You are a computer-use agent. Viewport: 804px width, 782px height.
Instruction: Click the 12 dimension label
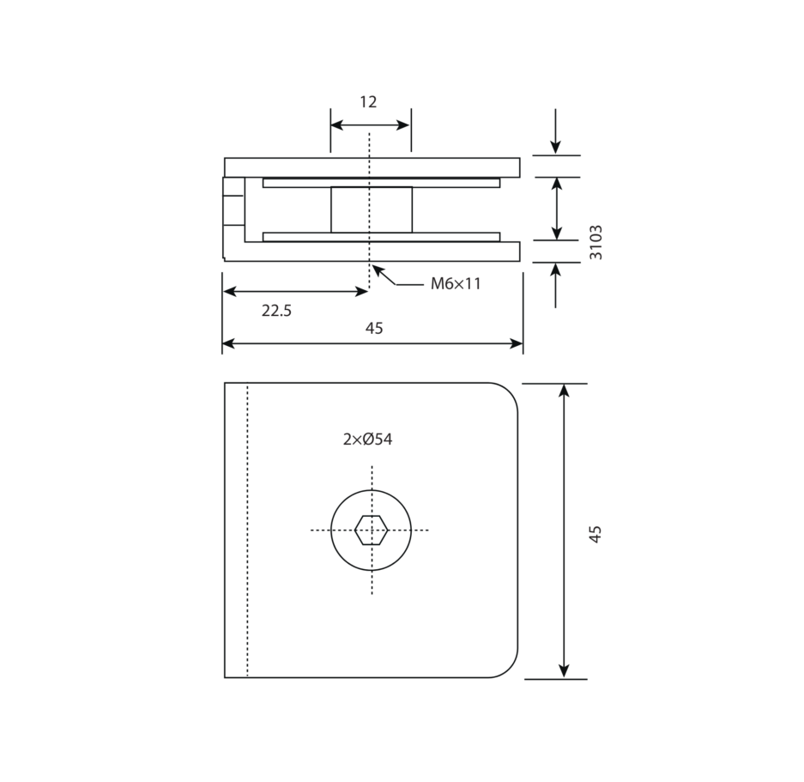coord(368,102)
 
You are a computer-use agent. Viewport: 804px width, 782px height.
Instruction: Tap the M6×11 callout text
coord(456,283)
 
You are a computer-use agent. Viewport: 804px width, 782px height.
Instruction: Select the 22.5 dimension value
coord(276,311)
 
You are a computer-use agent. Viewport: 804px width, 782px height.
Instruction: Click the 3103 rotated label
coord(595,242)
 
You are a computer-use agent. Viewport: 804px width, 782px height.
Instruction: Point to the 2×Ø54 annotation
coord(367,439)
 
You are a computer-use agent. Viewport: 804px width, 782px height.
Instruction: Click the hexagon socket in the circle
coord(372,530)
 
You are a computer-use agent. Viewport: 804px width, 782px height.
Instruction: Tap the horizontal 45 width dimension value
coord(374,328)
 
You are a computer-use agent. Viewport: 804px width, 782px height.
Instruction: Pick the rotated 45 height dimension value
coord(595,534)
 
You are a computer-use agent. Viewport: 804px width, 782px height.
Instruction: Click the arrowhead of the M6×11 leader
coord(377,270)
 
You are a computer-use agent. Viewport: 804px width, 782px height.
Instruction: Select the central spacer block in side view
coord(372,209)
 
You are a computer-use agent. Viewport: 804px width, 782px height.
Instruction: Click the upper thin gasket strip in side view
coord(381,183)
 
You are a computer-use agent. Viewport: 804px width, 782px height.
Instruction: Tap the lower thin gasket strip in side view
coord(381,237)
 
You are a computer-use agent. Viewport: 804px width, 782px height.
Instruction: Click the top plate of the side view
coord(372,167)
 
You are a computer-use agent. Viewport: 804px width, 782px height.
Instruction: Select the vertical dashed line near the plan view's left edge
coord(247,530)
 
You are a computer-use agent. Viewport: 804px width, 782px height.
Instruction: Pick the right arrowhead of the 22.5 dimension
coord(361,292)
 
